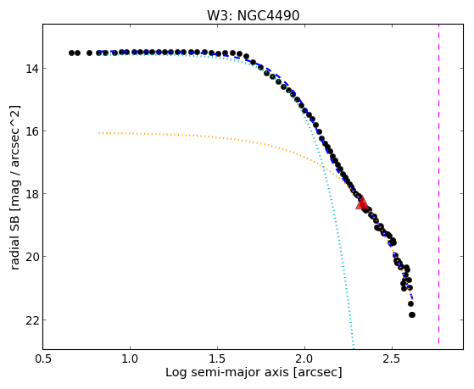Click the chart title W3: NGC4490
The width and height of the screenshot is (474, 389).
click(253, 15)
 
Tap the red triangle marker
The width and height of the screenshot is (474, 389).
click(361, 203)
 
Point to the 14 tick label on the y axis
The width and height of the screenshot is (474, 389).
click(31, 69)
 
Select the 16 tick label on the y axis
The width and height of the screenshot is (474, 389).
click(31, 131)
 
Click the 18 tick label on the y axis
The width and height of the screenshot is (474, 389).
click(31, 194)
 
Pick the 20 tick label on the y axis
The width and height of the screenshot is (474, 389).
click(31, 257)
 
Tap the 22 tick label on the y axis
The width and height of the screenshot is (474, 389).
click(31, 320)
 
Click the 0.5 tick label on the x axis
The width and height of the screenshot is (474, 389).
click(43, 359)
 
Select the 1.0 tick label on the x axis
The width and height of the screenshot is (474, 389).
click(130, 359)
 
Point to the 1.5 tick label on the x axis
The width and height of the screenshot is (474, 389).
click(217, 359)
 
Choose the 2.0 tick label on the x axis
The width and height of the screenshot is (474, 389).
click(304, 359)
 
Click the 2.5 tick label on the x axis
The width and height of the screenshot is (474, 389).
click(392, 359)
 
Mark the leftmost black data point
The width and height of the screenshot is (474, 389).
click(71, 53)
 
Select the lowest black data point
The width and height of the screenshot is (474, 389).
click(412, 314)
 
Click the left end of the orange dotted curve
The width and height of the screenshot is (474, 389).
click(99, 133)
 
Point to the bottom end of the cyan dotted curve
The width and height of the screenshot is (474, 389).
click(353, 347)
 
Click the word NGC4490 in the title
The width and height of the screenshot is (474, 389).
click(268, 15)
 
